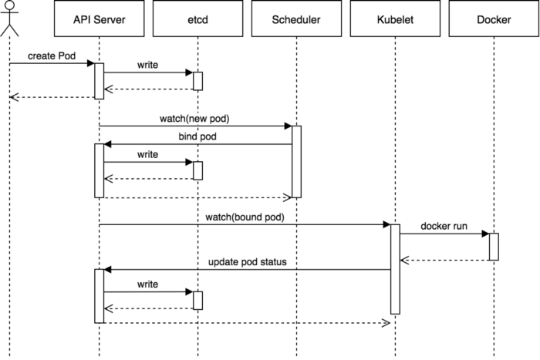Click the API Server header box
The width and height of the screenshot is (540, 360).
[x=99, y=19]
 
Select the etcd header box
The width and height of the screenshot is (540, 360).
[x=197, y=19]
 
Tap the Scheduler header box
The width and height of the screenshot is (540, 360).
[x=296, y=19]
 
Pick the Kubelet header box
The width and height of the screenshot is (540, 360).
[x=395, y=19]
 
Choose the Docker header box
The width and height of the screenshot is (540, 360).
[x=494, y=19]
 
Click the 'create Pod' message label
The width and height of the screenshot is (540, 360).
[x=52, y=57]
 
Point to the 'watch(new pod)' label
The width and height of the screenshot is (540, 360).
[x=195, y=119]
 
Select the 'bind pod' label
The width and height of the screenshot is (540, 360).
[x=197, y=137]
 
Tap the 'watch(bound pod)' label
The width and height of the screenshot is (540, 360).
[x=245, y=217]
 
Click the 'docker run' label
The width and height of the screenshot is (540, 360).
[x=444, y=226]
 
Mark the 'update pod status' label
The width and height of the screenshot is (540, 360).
[x=248, y=262]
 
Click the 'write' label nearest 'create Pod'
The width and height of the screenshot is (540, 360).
[x=147, y=65]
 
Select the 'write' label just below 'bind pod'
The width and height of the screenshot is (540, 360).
[x=147, y=155]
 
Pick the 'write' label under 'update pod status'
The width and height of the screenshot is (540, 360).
[x=147, y=284]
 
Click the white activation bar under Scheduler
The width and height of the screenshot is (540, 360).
[x=296, y=161]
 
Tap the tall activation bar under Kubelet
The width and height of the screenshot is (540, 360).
[x=395, y=269]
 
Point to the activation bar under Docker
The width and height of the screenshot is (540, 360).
[x=494, y=247]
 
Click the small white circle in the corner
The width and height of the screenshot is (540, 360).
[x=10, y=5]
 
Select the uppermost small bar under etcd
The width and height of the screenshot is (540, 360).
[x=197, y=81]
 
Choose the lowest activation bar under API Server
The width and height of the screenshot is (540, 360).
[x=99, y=295]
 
